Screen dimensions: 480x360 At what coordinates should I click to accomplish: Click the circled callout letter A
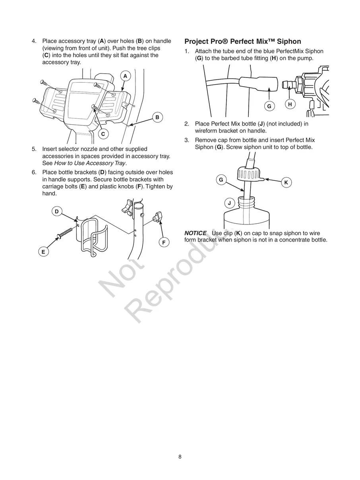pyautogui.click(x=125, y=76)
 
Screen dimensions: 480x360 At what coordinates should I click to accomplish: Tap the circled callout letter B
pyautogui.click(x=157, y=117)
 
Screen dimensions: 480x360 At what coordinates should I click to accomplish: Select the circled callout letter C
pyautogui.click(x=103, y=134)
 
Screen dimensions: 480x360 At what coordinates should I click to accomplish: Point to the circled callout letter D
pyautogui.click(x=56, y=211)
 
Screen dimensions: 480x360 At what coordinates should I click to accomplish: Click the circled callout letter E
pyautogui.click(x=43, y=252)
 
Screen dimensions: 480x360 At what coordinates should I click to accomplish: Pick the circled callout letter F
pyautogui.click(x=163, y=242)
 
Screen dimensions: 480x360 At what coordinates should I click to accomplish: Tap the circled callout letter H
pyautogui.click(x=290, y=104)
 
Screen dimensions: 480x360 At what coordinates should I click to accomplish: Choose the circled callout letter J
pyautogui.click(x=229, y=203)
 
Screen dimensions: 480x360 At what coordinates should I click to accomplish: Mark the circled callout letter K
pyautogui.click(x=286, y=182)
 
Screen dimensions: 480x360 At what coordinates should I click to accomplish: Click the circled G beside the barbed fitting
pyautogui.click(x=269, y=106)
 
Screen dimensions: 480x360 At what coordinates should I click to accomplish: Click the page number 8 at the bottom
pyautogui.click(x=180, y=457)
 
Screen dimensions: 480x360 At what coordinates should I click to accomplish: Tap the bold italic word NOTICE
pyautogui.click(x=195, y=233)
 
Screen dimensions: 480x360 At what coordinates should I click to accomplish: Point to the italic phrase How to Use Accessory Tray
pyautogui.click(x=90, y=163)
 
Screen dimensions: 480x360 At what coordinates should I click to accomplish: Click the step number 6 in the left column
pyautogui.click(x=34, y=172)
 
